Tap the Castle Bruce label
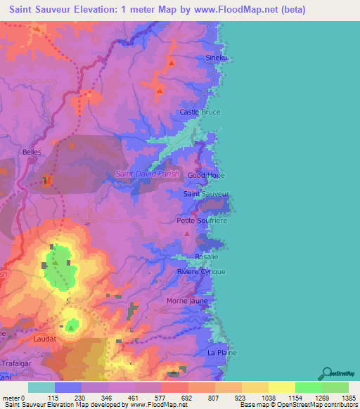(x=200, y=112)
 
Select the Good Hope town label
(x=206, y=175)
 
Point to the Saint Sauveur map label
(x=206, y=193)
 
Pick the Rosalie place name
(x=207, y=256)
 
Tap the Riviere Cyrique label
(x=201, y=271)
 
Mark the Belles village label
(x=33, y=152)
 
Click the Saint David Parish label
(x=147, y=174)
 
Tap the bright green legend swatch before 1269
(x=309, y=387)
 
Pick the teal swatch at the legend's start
(x=41, y=387)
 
